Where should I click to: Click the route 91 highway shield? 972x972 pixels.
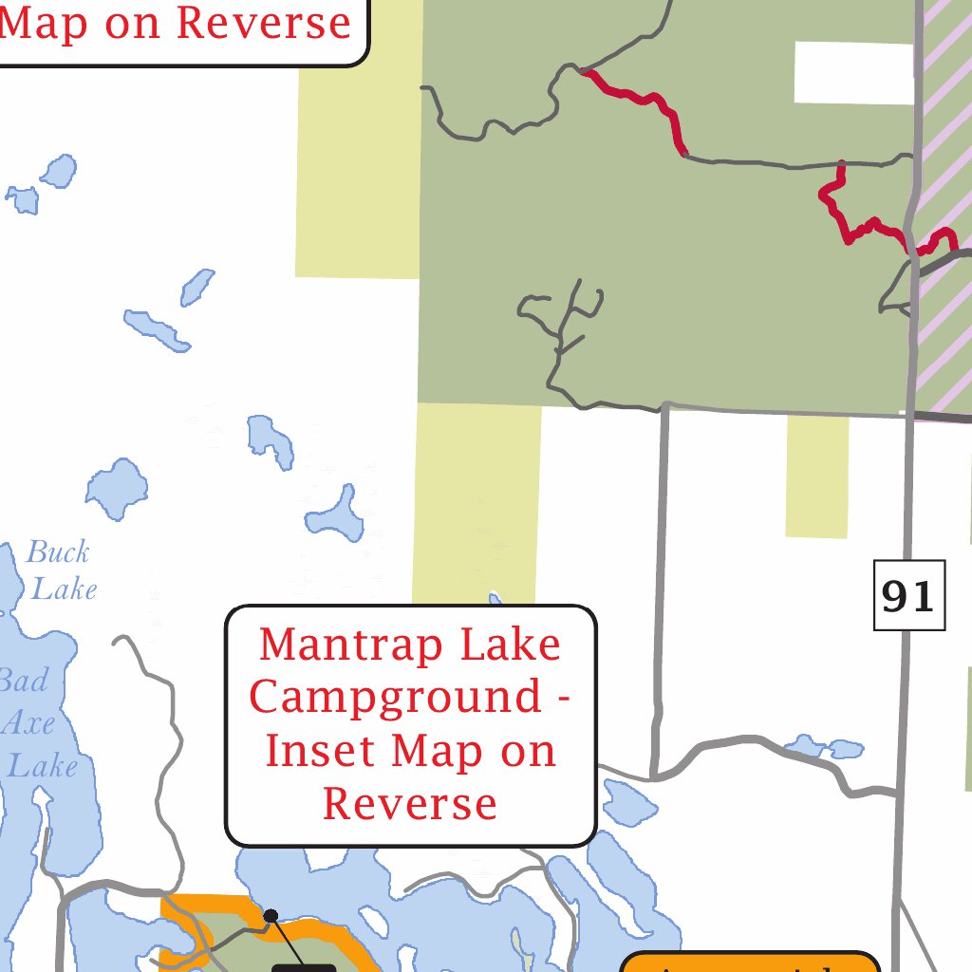909,595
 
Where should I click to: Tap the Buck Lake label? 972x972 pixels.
61,570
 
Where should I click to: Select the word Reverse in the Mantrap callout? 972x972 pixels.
409,803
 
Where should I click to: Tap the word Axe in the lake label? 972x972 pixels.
28,723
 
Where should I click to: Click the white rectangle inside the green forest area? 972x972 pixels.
853,72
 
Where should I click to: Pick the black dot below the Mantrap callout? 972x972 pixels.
271,915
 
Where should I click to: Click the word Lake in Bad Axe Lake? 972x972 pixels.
42,765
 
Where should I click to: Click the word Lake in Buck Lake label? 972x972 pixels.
65,589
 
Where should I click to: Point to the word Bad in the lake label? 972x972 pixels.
23,681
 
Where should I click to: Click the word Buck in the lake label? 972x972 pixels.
58,551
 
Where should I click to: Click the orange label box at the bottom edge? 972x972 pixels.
750,963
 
